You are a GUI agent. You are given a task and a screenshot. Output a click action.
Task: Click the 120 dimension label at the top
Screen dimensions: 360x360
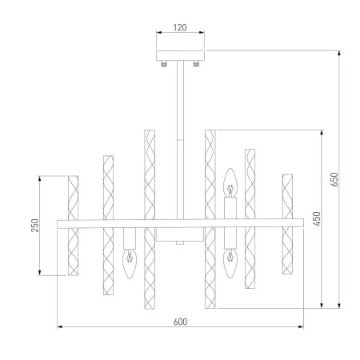180,28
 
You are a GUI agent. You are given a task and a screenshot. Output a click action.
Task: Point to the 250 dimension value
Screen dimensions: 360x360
34,225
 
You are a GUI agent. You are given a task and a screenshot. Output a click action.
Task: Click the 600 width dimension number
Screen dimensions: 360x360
180,322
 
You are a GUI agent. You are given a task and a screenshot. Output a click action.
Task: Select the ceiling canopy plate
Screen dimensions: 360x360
180,56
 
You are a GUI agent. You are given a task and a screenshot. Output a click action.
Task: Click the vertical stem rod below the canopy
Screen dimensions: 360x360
180,136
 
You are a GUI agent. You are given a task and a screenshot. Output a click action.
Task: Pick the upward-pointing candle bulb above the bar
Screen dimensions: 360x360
230,183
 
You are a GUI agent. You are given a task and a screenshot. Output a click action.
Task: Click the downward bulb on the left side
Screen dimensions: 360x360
127,260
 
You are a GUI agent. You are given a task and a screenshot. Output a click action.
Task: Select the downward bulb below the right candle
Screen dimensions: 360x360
230,262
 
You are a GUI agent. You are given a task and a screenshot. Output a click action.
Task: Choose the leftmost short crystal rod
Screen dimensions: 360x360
73,225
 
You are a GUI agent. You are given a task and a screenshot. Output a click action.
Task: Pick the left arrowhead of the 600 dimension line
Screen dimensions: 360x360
60,326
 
